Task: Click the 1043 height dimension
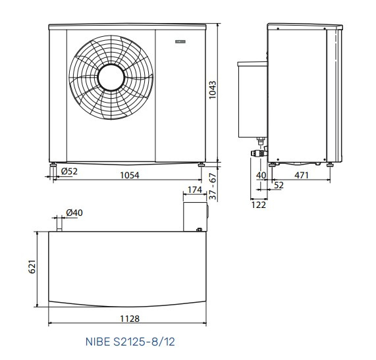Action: (213, 90)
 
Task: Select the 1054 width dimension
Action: (130, 175)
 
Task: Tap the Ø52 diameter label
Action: (69, 171)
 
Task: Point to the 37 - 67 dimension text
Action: (213, 186)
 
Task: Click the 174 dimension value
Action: (195, 190)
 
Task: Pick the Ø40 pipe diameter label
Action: (74, 213)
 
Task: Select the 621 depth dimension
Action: (32, 267)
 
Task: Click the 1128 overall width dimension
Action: (130, 319)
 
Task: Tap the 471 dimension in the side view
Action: (302, 175)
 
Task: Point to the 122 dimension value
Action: (259, 205)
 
